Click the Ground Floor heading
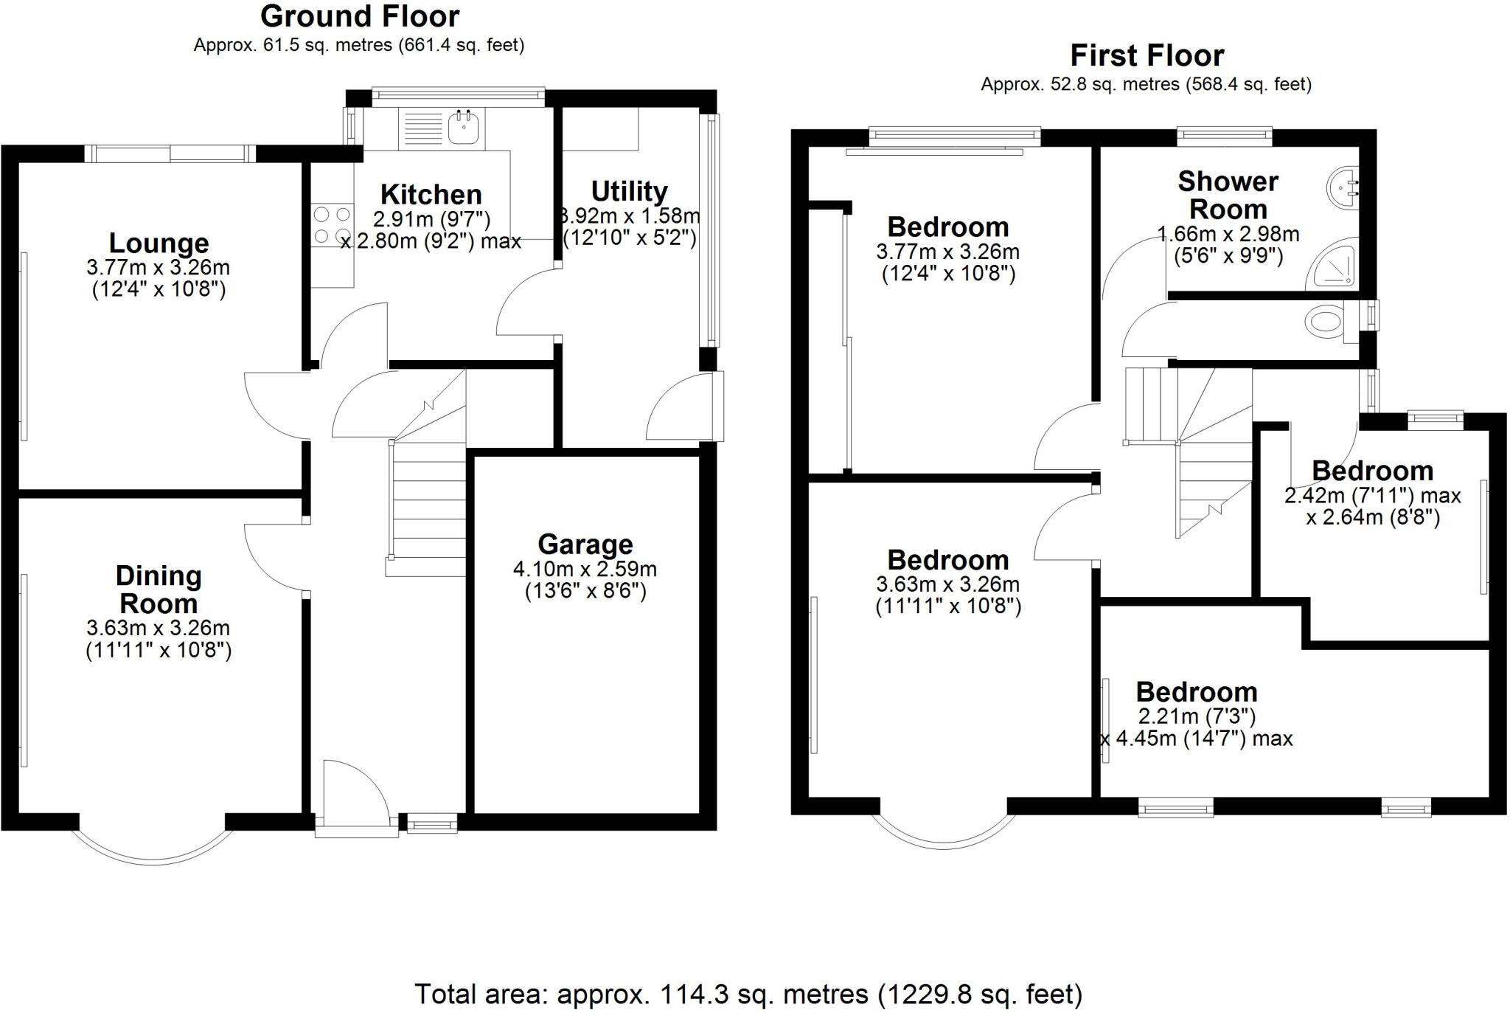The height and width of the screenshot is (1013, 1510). (x=360, y=16)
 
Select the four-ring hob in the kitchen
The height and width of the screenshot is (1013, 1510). (x=332, y=226)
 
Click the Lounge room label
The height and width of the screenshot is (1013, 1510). (x=159, y=243)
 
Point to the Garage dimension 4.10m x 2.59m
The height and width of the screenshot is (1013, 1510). (x=585, y=569)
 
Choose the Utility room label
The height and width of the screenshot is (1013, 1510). (x=629, y=191)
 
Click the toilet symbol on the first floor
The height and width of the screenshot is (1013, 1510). (x=1324, y=322)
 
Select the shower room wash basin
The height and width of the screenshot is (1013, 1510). (x=1343, y=187)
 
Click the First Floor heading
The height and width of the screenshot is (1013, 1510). (x=1147, y=55)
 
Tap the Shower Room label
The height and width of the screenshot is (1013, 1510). (x=1228, y=195)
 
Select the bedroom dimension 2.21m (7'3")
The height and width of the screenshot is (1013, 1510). (x=1196, y=716)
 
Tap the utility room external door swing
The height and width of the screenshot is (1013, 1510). (x=675, y=413)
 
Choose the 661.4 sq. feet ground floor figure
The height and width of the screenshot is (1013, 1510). (x=461, y=45)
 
